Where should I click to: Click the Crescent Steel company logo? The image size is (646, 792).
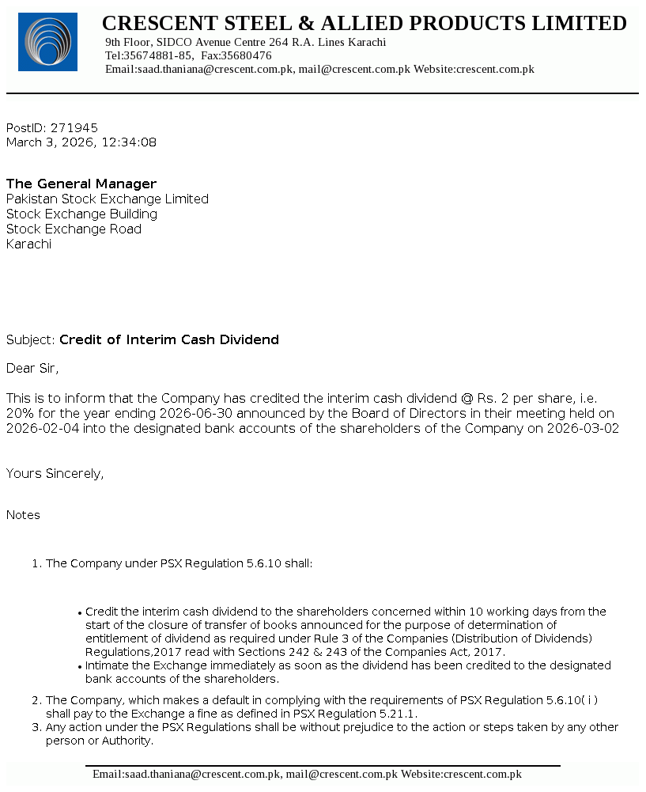click(47, 42)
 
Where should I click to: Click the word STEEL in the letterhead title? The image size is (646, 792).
click(258, 24)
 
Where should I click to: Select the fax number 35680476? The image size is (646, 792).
click(246, 55)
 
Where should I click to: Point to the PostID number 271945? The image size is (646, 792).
click(74, 127)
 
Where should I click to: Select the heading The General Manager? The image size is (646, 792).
click(81, 184)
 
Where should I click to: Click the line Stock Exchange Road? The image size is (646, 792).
click(74, 229)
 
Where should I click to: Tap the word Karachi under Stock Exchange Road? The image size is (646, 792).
click(28, 244)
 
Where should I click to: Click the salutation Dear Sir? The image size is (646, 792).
click(32, 368)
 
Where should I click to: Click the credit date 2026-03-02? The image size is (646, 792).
click(583, 428)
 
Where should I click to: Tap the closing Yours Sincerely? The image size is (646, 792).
click(55, 473)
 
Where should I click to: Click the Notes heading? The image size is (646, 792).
click(23, 515)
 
